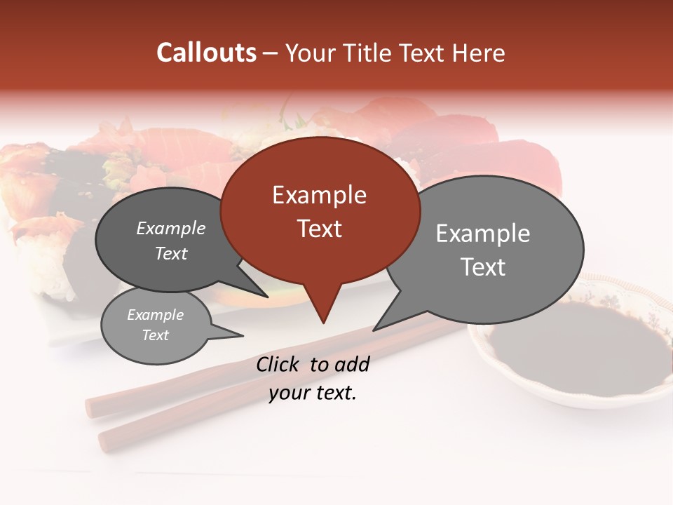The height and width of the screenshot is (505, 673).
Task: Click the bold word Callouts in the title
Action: (x=206, y=53)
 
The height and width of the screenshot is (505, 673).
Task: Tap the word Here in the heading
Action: (x=477, y=53)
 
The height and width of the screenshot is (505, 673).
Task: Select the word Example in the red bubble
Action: (x=319, y=195)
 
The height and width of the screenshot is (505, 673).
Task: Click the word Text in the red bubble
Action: (x=319, y=229)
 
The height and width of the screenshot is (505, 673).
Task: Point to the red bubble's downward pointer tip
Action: (x=323, y=323)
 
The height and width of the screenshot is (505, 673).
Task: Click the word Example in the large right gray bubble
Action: (x=483, y=234)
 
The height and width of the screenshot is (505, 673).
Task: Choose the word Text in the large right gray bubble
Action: (x=483, y=267)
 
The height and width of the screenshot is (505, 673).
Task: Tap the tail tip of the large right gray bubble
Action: (x=374, y=330)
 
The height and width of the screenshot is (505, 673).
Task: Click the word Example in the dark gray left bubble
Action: (x=171, y=228)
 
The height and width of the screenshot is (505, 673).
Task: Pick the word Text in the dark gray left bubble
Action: (x=171, y=253)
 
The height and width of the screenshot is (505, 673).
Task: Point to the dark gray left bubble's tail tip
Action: (x=267, y=297)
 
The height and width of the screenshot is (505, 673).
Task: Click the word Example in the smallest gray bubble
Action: (x=156, y=315)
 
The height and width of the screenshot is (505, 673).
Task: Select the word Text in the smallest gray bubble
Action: (x=156, y=335)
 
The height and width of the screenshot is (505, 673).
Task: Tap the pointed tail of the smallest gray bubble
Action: (x=243, y=335)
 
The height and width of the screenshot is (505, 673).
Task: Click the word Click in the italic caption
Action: (x=278, y=364)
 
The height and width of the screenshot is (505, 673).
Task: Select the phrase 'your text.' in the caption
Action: (x=313, y=393)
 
